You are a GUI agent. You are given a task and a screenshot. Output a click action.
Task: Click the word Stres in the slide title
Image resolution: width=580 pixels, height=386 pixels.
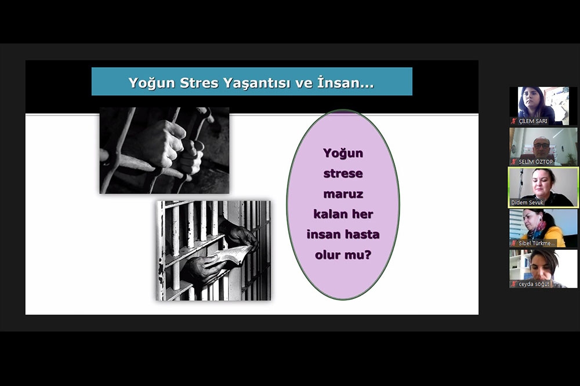(x=198, y=83)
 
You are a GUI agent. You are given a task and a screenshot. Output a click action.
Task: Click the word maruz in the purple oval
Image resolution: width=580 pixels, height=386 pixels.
(x=343, y=194)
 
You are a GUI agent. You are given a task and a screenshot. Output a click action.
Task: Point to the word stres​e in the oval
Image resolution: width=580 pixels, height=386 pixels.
(x=343, y=173)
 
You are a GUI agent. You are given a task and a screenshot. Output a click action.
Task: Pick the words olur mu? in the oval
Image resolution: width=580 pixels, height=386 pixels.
(x=343, y=255)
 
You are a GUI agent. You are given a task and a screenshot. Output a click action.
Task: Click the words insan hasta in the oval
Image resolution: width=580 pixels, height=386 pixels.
(x=343, y=234)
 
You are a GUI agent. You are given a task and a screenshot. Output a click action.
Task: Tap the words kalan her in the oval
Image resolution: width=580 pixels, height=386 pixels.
(x=343, y=214)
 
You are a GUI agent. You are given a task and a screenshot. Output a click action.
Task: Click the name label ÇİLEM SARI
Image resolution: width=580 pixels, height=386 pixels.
(x=532, y=121)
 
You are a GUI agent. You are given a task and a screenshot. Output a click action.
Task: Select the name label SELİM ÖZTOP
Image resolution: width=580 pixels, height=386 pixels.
(x=535, y=162)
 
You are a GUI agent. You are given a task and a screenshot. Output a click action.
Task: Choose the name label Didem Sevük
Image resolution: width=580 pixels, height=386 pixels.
(x=527, y=203)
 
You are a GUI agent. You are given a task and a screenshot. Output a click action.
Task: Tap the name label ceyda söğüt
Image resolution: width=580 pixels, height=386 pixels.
(x=534, y=284)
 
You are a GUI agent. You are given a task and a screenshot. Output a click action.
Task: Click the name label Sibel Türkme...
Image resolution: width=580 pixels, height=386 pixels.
(x=536, y=243)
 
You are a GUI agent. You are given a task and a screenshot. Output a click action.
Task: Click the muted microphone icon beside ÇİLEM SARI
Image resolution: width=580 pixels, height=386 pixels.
(x=514, y=121)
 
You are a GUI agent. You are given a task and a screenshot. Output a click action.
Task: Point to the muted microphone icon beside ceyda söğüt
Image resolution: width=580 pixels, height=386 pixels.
(x=514, y=284)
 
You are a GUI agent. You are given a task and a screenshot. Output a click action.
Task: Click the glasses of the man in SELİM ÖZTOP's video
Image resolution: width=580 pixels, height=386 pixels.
(x=542, y=145)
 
